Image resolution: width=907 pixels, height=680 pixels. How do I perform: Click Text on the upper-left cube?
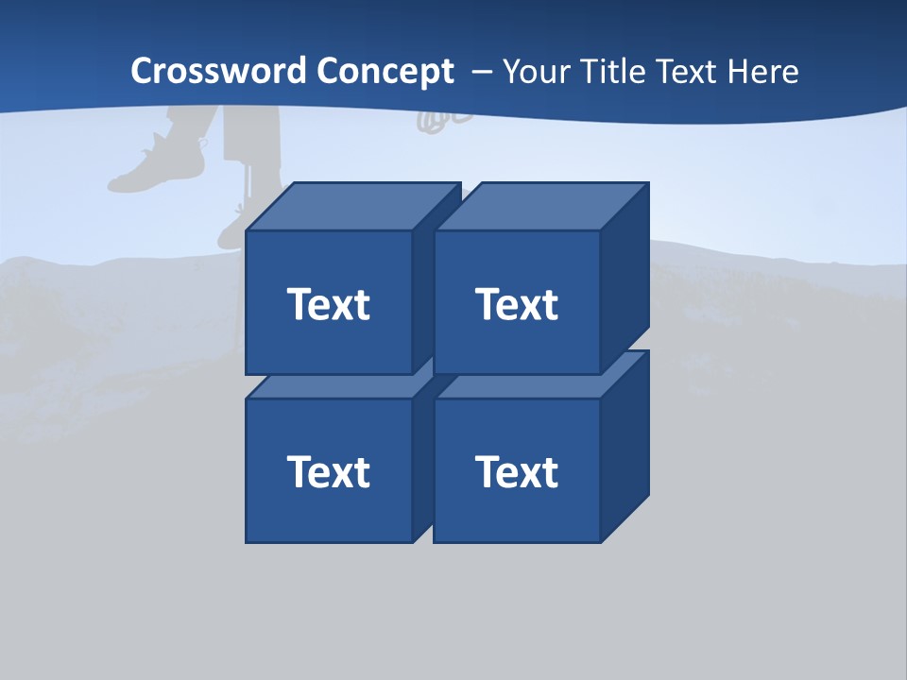(328, 304)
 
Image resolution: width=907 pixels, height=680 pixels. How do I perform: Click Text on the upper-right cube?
(516, 304)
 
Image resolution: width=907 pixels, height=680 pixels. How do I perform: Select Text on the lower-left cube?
(328, 471)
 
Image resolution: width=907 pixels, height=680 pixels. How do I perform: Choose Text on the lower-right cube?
(516, 471)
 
